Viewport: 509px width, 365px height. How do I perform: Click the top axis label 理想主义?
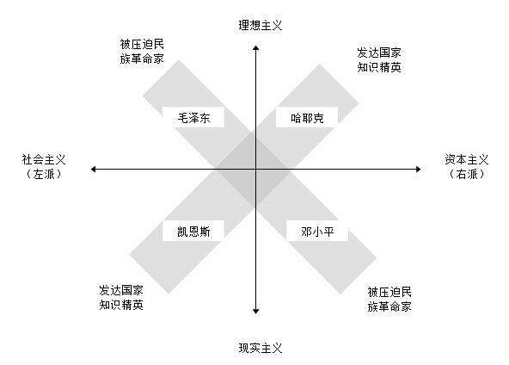(x=261, y=25)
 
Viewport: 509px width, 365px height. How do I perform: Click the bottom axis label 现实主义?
(x=261, y=348)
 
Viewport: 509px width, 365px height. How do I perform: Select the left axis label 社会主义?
(x=44, y=159)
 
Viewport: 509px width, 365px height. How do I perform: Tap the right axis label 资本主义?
(x=467, y=159)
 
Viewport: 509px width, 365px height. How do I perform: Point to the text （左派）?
(x=44, y=174)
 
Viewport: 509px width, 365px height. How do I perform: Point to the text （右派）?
(x=467, y=174)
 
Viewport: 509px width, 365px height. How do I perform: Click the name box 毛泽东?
(x=193, y=117)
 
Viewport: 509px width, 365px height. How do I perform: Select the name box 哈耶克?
(x=307, y=117)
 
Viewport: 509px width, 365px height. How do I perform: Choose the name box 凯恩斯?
(x=193, y=231)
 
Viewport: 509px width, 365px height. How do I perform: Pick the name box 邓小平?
(x=317, y=231)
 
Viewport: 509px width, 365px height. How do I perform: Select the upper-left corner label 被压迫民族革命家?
(x=142, y=52)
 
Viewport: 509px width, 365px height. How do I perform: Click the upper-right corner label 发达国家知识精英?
(x=379, y=59)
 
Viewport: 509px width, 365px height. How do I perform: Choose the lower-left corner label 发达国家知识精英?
(x=121, y=297)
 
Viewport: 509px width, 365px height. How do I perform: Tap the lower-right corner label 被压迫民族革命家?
(x=389, y=299)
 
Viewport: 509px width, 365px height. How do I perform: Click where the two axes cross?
(x=256, y=169)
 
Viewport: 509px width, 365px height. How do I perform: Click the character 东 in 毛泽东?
(x=205, y=118)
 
